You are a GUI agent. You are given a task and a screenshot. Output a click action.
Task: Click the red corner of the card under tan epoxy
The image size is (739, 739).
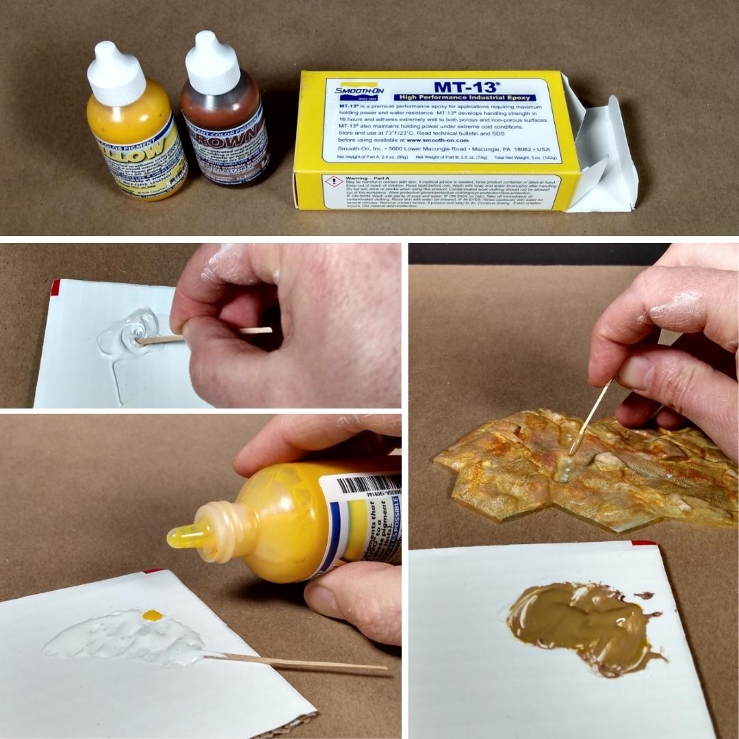click(643, 543)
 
